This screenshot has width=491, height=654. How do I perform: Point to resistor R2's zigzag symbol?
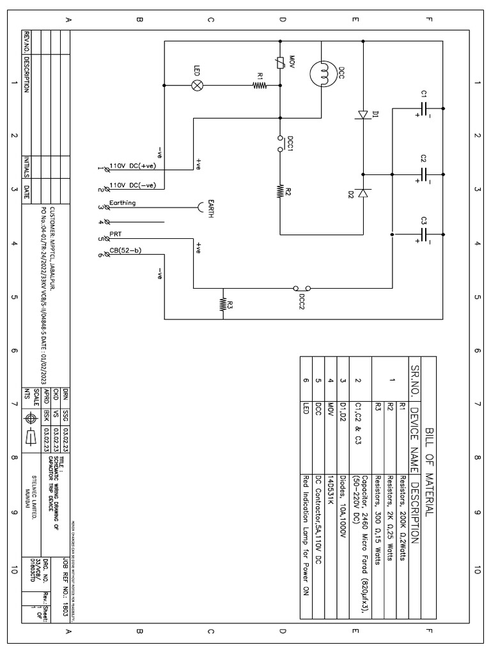click(x=280, y=190)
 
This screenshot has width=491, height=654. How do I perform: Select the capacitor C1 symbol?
click(x=424, y=108)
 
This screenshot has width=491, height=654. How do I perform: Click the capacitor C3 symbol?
click(x=424, y=234)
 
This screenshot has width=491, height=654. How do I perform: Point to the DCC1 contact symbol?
click(x=280, y=144)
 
